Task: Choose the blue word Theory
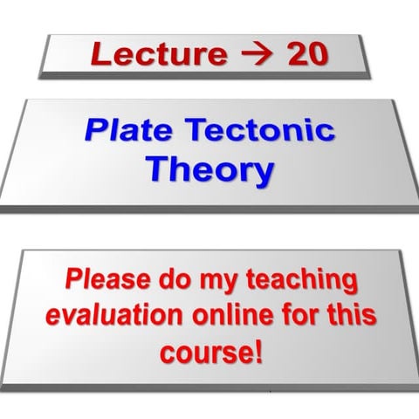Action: (x=209, y=169)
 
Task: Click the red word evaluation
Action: (x=117, y=316)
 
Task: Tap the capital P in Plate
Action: (x=94, y=131)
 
